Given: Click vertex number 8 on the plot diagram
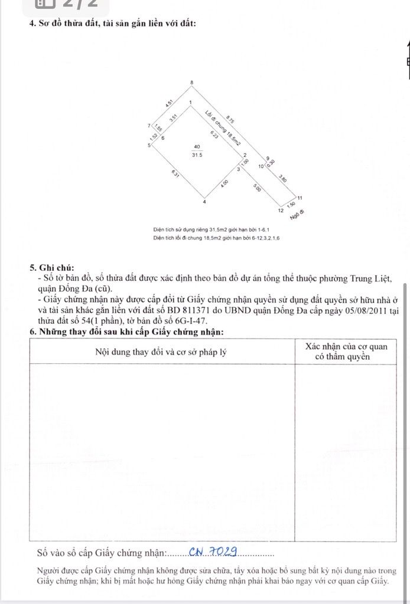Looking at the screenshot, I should pos(191,82).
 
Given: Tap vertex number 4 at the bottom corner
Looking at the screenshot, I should pos(204,202).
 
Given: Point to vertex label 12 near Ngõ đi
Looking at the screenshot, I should pos(279,210).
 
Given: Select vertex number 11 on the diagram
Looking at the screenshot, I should pos(300,198).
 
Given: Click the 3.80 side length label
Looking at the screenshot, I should pos(283,178).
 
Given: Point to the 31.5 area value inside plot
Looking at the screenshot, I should pos(197,155).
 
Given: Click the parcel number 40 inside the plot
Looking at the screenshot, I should pos(197,147).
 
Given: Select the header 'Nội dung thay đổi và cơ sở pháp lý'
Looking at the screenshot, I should pos(161,352).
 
